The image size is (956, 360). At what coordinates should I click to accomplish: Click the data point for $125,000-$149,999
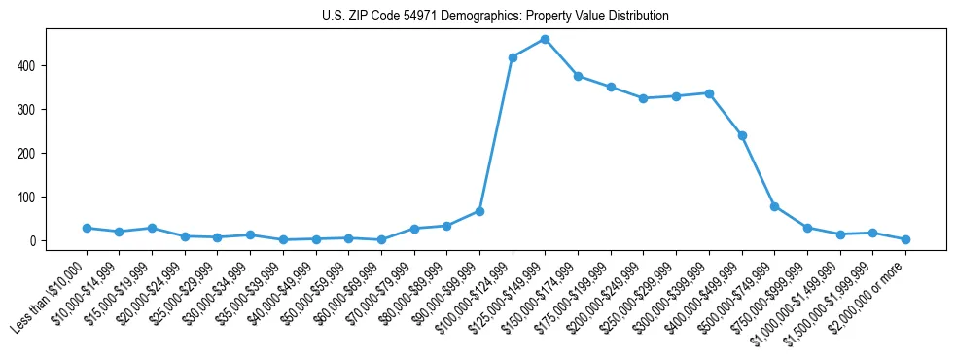click(x=545, y=40)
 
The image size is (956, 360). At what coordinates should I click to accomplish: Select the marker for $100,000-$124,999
click(x=513, y=57)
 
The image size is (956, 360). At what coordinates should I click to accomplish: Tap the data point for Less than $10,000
click(x=87, y=228)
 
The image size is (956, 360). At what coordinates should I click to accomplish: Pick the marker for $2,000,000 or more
click(x=905, y=239)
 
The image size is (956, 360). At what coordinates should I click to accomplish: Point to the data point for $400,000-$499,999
click(x=742, y=135)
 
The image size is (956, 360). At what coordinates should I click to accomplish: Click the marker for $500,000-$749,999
click(x=774, y=206)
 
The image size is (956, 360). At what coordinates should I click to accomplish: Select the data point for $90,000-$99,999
click(x=479, y=211)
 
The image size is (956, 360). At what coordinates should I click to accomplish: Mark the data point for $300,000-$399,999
click(x=709, y=93)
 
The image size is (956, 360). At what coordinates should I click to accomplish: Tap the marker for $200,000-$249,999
click(x=643, y=98)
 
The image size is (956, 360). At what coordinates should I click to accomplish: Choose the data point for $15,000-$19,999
click(x=152, y=228)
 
